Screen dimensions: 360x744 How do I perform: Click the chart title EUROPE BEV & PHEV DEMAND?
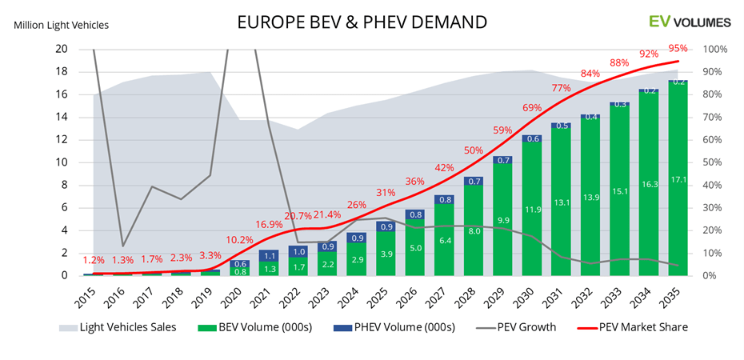click(362, 21)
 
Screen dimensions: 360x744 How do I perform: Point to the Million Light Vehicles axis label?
click(62, 25)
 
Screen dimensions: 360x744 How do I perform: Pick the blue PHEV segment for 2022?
click(296, 251)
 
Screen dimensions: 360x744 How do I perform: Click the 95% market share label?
click(678, 48)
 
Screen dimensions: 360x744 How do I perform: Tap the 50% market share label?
click(473, 150)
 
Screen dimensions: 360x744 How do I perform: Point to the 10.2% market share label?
click(240, 239)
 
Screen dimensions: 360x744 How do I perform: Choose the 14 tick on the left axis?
click(61, 117)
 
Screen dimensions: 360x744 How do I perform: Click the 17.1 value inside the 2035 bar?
click(678, 268)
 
